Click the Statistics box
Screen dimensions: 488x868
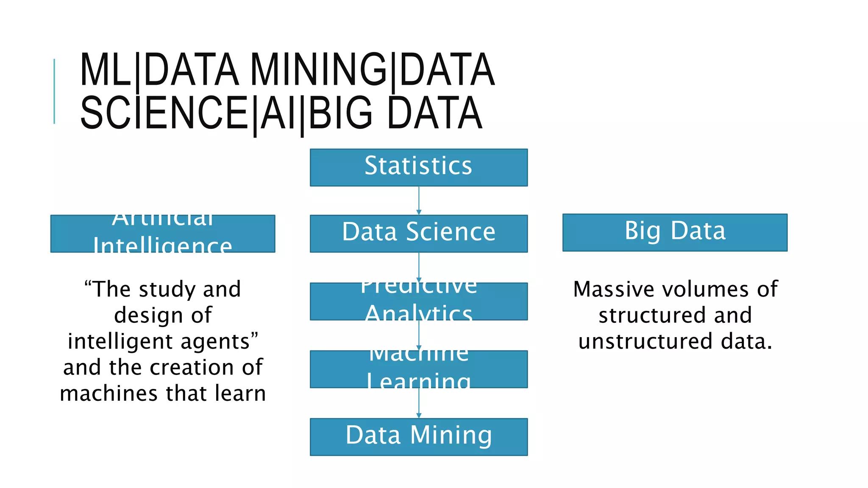tap(418, 167)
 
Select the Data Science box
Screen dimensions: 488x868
tap(418, 233)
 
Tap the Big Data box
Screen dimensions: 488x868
tap(675, 232)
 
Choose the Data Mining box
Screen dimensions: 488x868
tap(418, 437)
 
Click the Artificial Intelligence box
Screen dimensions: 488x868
tap(163, 233)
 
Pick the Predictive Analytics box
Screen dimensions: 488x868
tap(418, 301)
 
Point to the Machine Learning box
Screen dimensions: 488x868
tap(418, 369)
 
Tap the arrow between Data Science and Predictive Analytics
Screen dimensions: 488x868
tap(419, 267)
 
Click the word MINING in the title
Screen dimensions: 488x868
tap(318, 70)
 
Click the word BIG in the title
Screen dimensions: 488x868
tap(341, 113)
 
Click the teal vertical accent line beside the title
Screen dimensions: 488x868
tap(54, 91)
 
